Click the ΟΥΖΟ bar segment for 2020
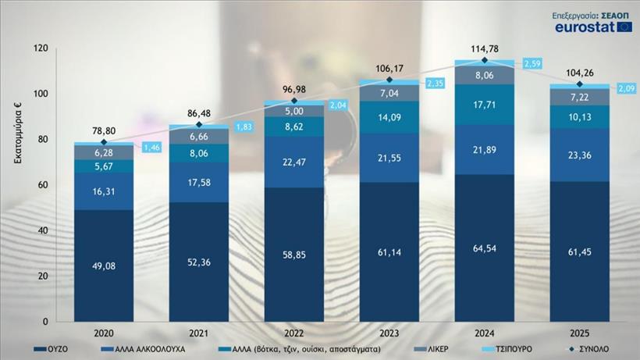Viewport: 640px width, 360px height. click(103, 266)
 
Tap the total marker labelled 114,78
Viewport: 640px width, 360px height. click(485, 60)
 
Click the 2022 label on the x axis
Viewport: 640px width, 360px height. click(293, 331)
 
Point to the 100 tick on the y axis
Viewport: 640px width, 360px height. click(41, 94)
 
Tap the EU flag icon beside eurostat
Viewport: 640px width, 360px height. click(624, 27)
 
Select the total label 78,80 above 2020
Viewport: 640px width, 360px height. click(103, 130)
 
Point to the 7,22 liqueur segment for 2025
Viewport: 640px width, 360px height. click(580, 96)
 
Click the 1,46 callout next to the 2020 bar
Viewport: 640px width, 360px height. click(151, 147)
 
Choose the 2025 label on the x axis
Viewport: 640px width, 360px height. click(580, 331)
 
